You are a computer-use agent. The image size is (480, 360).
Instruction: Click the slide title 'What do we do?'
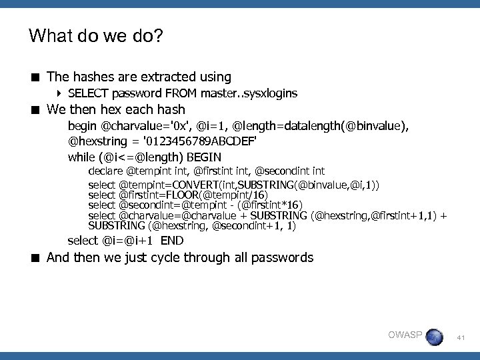[95, 35]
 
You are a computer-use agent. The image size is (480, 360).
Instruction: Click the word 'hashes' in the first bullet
[89, 77]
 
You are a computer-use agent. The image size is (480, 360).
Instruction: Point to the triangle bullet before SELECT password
[61, 93]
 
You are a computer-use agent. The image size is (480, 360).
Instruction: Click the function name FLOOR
[184, 194]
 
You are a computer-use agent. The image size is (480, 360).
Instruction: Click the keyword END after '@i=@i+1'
[171, 241]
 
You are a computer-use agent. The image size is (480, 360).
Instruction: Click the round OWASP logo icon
[435, 337]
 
